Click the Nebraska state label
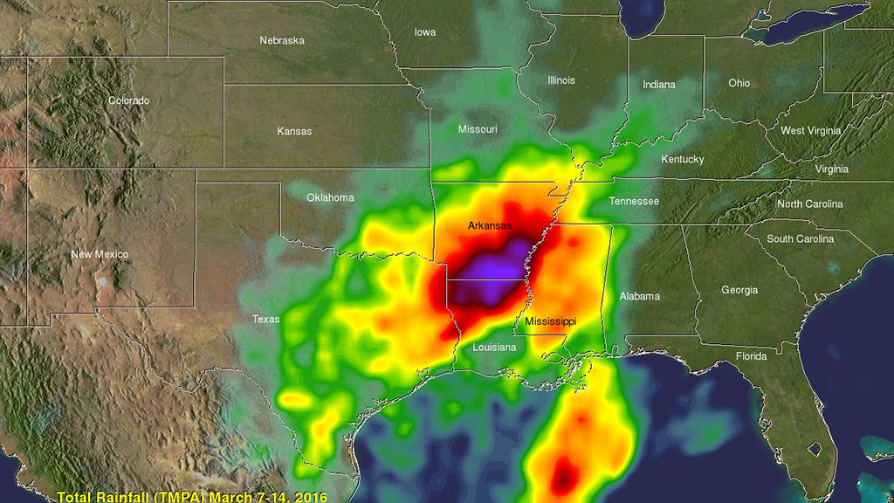coord(282,40)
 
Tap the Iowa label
coord(425,32)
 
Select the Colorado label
coord(128,100)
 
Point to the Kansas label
coord(294,131)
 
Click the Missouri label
coord(478,129)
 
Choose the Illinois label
coord(561,80)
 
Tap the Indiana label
coord(659,85)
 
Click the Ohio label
coord(739,83)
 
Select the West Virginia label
coord(811,131)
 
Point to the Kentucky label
coord(682,159)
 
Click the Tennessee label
coord(634,201)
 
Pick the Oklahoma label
coord(330,197)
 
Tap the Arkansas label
coord(490,225)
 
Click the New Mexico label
coord(100,254)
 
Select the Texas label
coord(266,319)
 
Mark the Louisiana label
coord(495,347)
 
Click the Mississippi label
coord(550,321)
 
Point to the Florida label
coord(751,356)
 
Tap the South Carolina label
coord(800,238)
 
